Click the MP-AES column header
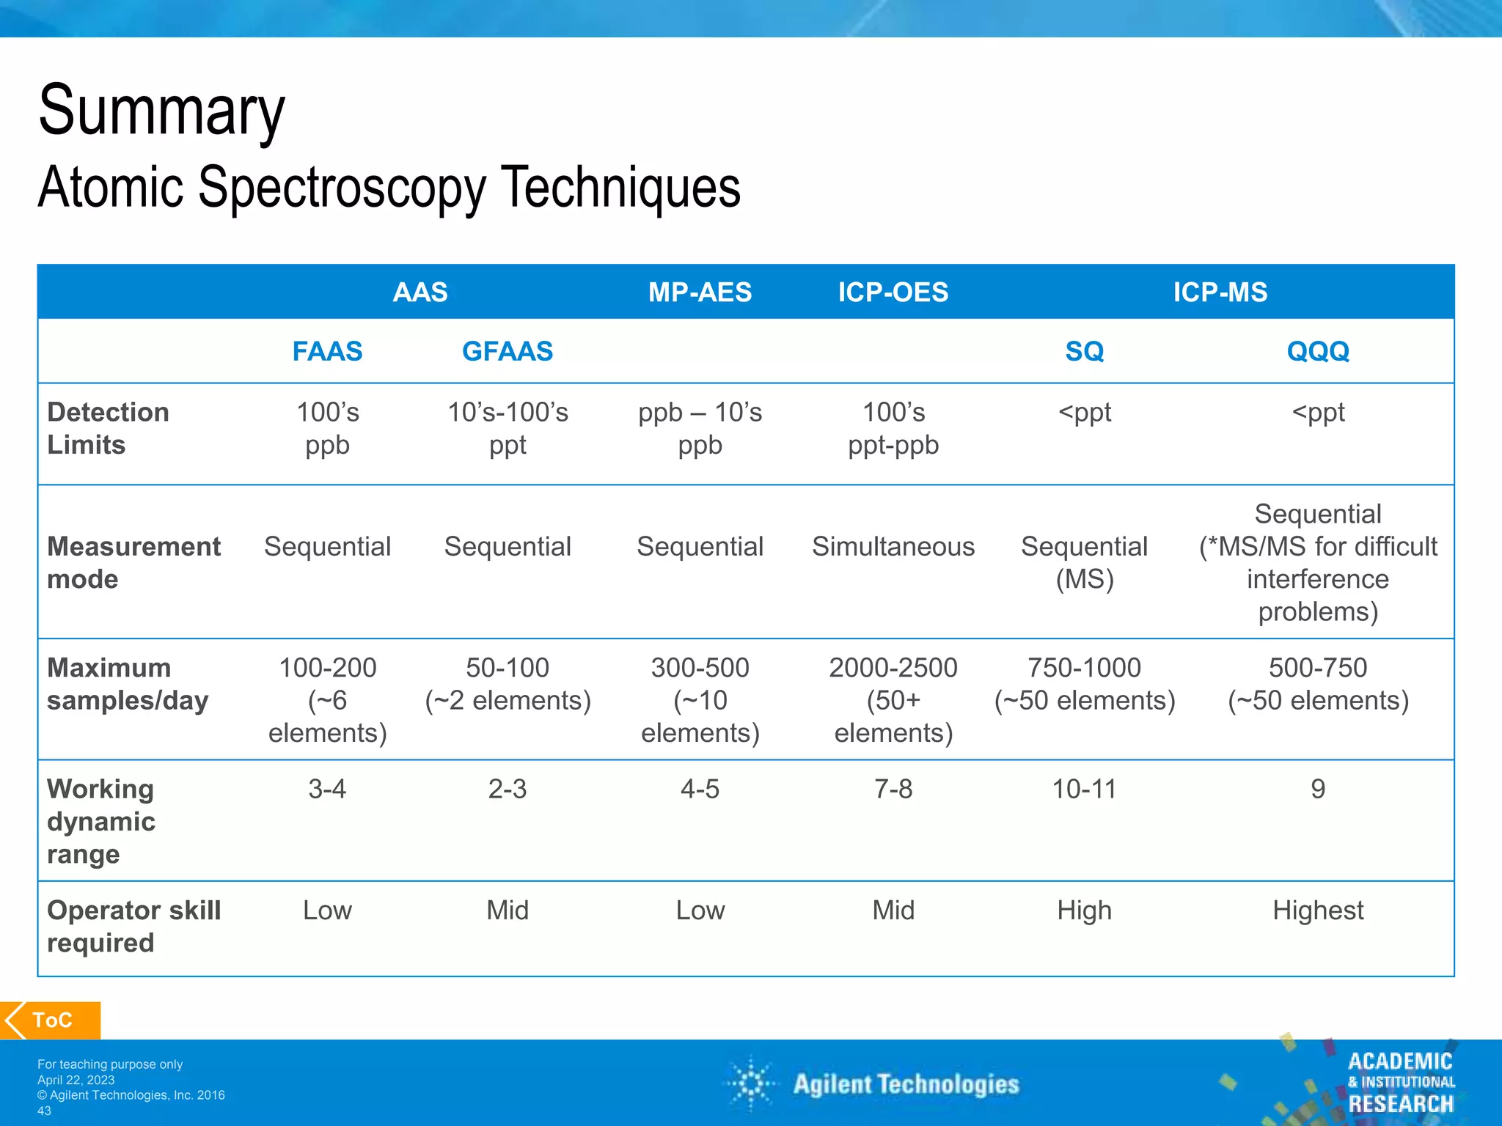coord(700,292)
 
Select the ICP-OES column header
coord(893,292)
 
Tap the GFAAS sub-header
coord(508,351)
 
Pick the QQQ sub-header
coord(1318,351)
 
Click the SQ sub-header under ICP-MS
coord(1084,351)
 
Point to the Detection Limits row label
coord(108,428)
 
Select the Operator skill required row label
coord(133,926)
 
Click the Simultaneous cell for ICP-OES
coord(893,546)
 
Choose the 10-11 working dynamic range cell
coord(1084,789)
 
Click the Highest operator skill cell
coord(1318,910)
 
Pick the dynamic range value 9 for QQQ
coord(1318,789)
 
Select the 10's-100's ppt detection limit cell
coord(508,428)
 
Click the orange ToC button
coord(51,1020)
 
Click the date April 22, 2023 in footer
coord(76,1080)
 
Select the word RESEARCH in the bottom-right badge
coord(1401,1103)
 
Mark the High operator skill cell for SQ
coord(1084,910)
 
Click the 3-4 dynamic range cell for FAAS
coord(327,789)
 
